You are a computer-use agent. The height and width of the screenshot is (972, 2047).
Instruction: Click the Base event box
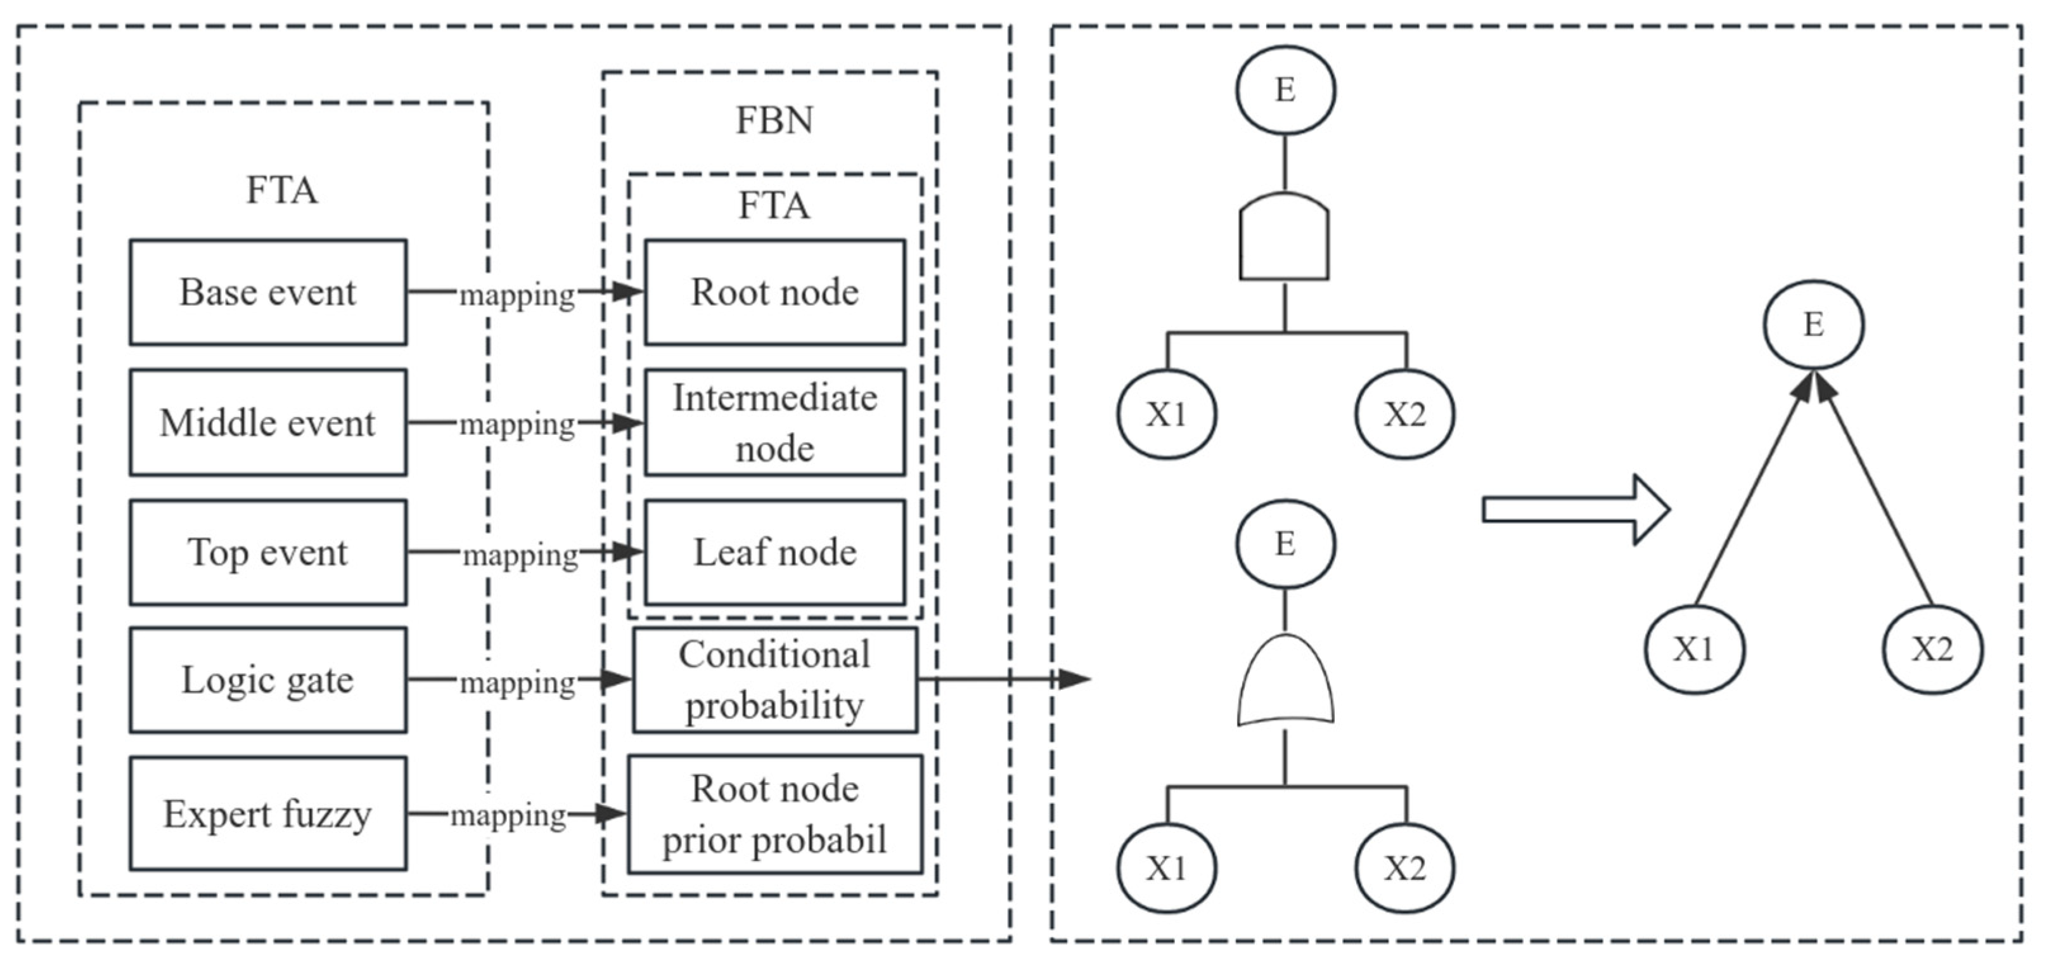[268, 292]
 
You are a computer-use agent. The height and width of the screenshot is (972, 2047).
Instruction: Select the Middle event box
[268, 422]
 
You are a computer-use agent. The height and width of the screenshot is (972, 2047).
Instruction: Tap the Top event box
[268, 552]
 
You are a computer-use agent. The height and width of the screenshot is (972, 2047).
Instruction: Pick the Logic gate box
[268, 680]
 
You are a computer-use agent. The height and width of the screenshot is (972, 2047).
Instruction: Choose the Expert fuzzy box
[268, 813]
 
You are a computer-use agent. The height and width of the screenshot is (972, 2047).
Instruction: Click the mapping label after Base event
[517, 295]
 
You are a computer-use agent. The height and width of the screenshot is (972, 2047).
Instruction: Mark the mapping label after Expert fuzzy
[508, 815]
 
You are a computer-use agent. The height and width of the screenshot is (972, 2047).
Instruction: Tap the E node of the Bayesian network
[1813, 324]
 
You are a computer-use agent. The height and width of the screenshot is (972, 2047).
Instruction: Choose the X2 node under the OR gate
[1404, 868]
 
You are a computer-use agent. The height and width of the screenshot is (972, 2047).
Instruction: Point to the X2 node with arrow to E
[1932, 649]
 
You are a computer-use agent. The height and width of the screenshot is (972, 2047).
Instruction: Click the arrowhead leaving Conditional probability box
[1074, 678]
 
